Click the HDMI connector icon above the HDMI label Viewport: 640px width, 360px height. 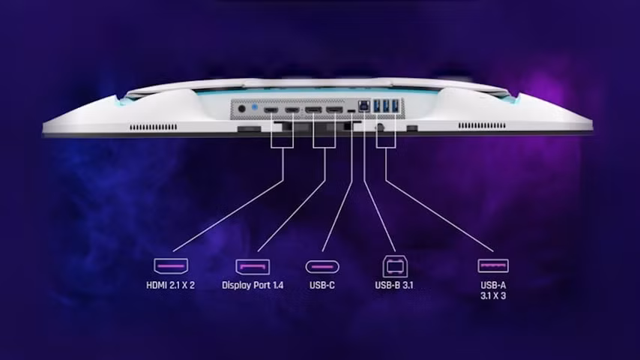pos(171,266)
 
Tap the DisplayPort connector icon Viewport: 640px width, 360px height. pos(253,267)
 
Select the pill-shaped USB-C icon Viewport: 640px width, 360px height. pos(322,267)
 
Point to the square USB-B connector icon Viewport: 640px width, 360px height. pos(395,267)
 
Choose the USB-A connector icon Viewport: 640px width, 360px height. pos(493,266)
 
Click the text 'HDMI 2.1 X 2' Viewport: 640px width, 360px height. pos(171,285)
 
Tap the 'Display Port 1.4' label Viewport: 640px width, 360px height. pos(253,285)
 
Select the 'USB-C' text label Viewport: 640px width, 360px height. pos(322,285)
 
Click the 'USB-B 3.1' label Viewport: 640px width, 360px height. pos(394,285)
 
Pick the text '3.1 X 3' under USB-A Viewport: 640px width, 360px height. pos(493,295)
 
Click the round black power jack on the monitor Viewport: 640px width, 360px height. pos(241,109)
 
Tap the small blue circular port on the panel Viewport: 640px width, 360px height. pos(255,107)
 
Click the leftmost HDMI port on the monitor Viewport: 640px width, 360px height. pos(271,110)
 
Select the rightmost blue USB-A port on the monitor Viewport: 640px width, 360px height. pos(395,106)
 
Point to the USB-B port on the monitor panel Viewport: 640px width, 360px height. pos(363,106)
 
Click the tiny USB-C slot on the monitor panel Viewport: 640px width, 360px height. pos(351,111)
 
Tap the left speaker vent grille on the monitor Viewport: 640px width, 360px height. pos(154,127)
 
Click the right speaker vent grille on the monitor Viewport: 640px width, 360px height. pos(482,126)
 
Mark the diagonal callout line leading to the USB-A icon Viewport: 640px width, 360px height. pos(439,216)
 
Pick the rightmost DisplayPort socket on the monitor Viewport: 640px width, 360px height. pos(335,110)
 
